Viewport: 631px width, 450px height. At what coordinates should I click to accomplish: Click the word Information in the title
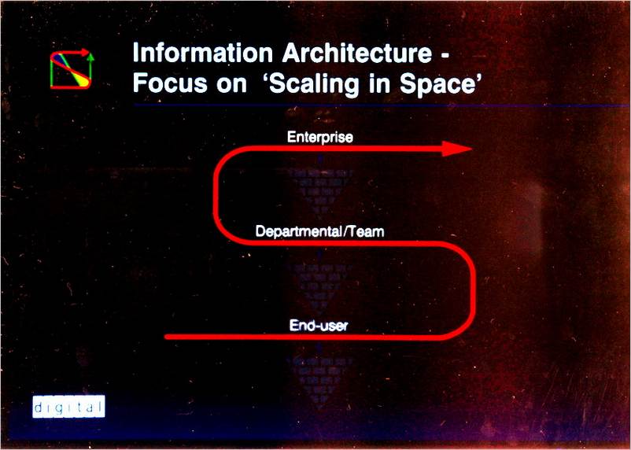tap(203, 53)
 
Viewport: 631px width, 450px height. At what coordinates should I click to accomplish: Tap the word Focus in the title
tap(170, 83)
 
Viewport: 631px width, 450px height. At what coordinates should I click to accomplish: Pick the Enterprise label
tap(320, 138)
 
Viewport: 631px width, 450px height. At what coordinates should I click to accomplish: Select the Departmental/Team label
tap(320, 232)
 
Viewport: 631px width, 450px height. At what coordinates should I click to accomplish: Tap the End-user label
tap(319, 325)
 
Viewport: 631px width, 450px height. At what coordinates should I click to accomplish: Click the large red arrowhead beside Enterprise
tap(456, 149)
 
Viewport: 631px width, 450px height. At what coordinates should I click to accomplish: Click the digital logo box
tap(68, 407)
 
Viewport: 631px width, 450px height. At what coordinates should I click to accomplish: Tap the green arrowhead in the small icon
tap(90, 57)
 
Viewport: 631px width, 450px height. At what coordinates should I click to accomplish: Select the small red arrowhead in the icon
tap(84, 53)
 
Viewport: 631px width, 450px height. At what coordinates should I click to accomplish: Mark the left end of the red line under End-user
tap(166, 337)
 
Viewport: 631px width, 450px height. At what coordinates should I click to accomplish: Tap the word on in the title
tap(232, 85)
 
